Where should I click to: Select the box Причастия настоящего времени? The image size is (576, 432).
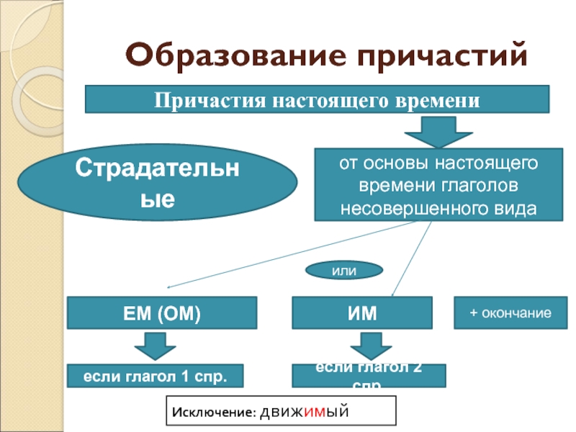point(317,99)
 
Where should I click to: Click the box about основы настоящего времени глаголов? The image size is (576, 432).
point(439,185)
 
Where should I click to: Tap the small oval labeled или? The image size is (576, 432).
point(344,270)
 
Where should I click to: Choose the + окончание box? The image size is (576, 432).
point(510,313)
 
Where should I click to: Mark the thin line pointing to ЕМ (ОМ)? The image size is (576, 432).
point(288,253)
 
